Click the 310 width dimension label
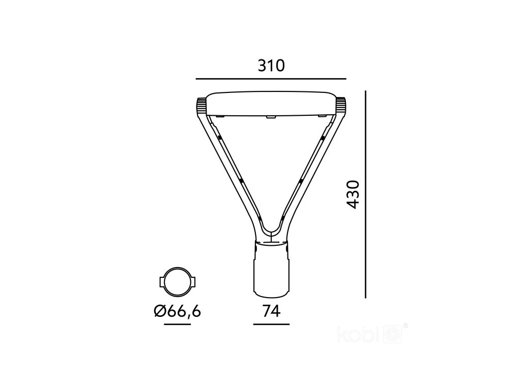pyautogui.click(x=271, y=66)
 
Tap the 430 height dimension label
pyautogui.click(x=352, y=194)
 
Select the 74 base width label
pyautogui.click(x=271, y=311)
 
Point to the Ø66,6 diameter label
pyautogui.click(x=177, y=311)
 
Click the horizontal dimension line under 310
pyautogui.click(x=271, y=79)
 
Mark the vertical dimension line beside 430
pyautogui.click(x=366, y=194)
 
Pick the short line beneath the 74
pyautogui.click(x=271, y=324)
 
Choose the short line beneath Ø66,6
pyautogui.click(x=177, y=324)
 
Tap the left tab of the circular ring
pyautogui.click(x=162, y=281)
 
